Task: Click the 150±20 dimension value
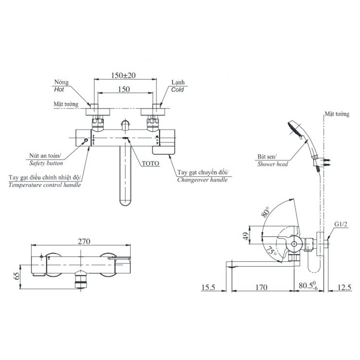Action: tap(123, 75)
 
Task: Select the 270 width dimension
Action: tap(84, 241)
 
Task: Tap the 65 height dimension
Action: tap(17, 276)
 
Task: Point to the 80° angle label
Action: tap(265, 212)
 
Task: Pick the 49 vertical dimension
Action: tap(246, 236)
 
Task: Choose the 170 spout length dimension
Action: tap(261, 287)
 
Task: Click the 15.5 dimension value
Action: tap(208, 287)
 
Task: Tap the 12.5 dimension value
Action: tap(344, 287)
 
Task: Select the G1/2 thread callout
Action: tap(341, 224)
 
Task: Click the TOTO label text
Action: tap(150, 163)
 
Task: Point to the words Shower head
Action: tap(272, 164)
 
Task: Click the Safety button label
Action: tap(46, 163)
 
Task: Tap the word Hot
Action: tap(59, 90)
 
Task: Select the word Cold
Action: tap(178, 90)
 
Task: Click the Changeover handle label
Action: tap(202, 180)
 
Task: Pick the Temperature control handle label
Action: tap(45, 185)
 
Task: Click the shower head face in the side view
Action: tap(294, 128)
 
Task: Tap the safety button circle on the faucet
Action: tap(86, 140)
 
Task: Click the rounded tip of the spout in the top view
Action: tap(126, 202)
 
